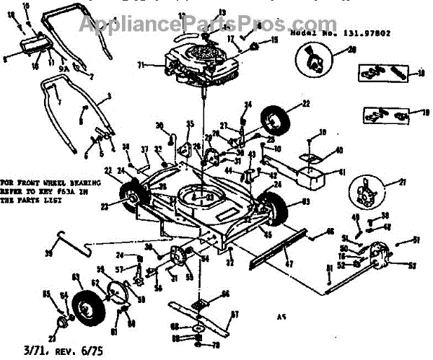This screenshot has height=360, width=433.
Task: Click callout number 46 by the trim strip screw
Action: (329, 232)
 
